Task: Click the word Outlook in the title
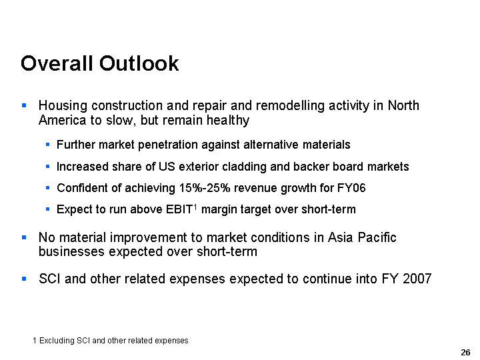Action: [139, 63]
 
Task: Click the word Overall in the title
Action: [57, 63]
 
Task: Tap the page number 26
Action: [465, 353]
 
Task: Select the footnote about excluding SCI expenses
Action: [111, 341]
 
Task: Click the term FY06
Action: [351, 187]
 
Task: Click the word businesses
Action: [71, 251]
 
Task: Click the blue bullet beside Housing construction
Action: [24, 105]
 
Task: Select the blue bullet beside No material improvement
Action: [24, 237]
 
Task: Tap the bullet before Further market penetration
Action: [48, 144]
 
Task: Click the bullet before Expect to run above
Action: [48, 209]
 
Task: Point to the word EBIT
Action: [179, 209]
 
